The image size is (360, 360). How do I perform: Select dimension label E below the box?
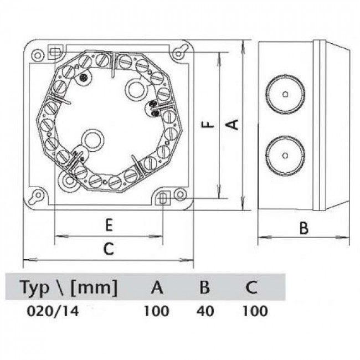tap(109, 224)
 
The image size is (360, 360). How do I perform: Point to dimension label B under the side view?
tap(304, 227)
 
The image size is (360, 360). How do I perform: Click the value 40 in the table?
tap(204, 311)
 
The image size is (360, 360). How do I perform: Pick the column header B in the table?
tap(204, 287)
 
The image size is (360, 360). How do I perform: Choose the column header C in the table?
tap(251, 287)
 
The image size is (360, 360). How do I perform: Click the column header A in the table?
tap(157, 287)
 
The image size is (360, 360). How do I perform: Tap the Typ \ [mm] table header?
tap(69, 287)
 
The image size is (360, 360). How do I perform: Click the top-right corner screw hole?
tap(178, 53)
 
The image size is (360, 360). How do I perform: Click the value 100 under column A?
tap(156, 311)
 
